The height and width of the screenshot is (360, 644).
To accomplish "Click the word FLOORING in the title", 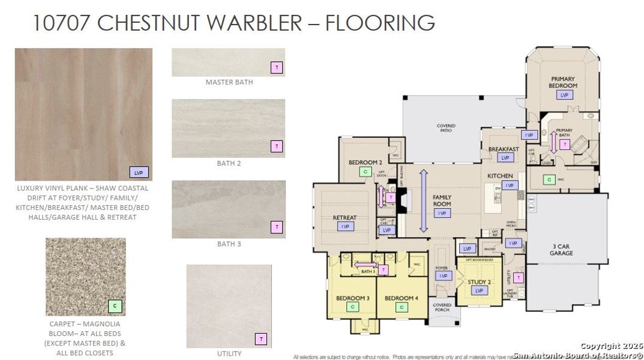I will click(x=380, y=23).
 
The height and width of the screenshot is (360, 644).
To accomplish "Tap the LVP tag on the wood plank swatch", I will click(x=139, y=172).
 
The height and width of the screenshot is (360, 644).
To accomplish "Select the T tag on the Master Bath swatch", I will click(x=276, y=68).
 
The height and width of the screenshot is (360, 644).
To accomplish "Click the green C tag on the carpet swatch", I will click(x=115, y=306).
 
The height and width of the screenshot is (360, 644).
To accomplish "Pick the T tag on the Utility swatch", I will click(x=261, y=339).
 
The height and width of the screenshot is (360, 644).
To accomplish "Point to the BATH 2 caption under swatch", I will click(x=229, y=163).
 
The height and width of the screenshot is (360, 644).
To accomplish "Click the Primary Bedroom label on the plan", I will click(x=562, y=82).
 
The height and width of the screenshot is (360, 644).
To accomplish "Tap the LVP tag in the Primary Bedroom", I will click(x=564, y=95).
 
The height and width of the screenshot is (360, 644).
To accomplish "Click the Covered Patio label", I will click(x=446, y=129).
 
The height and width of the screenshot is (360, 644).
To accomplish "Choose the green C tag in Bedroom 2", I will click(x=366, y=172).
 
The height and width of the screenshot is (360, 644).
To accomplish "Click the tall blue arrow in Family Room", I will click(x=423, y=200).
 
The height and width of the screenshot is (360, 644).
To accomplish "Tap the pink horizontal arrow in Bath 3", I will click(x=365, y=264).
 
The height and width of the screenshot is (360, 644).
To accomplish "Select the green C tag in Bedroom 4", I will click(x=401, y=307).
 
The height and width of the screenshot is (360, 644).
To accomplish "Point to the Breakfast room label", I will click(x=504, y=149).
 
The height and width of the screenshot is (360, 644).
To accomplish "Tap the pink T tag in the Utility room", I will click(x=519, y=278).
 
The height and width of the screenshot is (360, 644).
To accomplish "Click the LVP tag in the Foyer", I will click(x=443, y=276).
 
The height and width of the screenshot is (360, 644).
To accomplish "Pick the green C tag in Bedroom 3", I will click(x=352, y=307).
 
